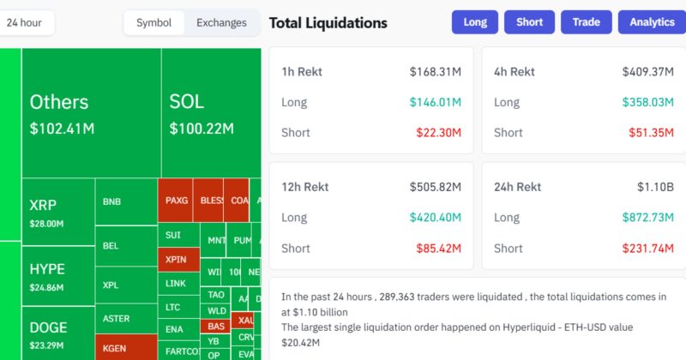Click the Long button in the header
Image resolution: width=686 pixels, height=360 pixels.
pyautogui.click(x=475, y=22)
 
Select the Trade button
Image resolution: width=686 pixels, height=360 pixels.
pyautogui.click(x=587, y=22)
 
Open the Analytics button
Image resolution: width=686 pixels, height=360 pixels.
pyautogui.click(x=651, y=22)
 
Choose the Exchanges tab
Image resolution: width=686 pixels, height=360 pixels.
pyautogui.click(x=221, y=23)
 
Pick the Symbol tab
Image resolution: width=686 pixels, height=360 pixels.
pyautogui.click(x=153, y=23)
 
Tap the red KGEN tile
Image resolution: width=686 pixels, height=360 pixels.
pyautogui.click(x=125, y=348)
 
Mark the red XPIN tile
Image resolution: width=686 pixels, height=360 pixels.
pyautogui.click(x=178, y=258)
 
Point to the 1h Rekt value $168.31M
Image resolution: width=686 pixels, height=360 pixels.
pyautogui.click(x=435, y=72)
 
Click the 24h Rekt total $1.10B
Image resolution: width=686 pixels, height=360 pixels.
pyautogui.click(x=656, y=187)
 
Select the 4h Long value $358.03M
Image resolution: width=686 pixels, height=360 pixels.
pyautogui.click(x=648, y=103)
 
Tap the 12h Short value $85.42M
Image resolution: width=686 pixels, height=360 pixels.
pyautogui.click(x=437, y=249)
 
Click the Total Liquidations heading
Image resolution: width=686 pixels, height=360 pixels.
pyautogui.click(x=328, y=23)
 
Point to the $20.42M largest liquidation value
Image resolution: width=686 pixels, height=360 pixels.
pyautogui.click(x=300, y=342)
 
